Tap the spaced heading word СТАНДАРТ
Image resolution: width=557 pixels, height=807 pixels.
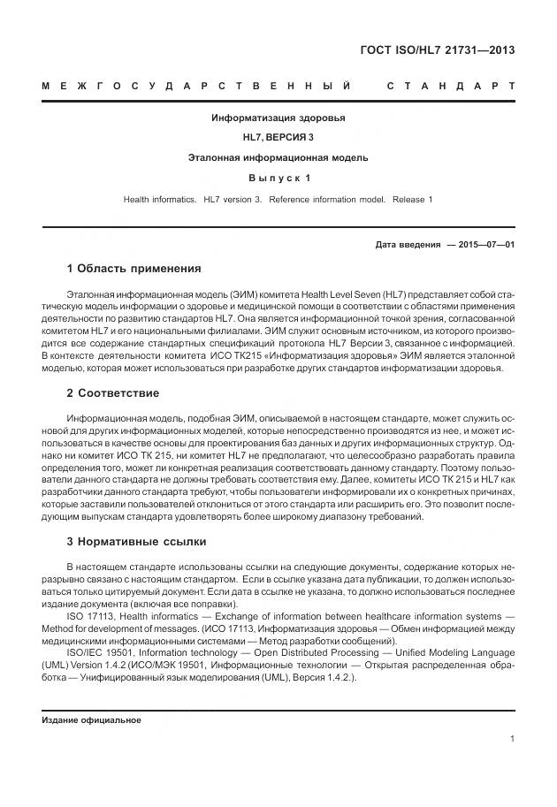451,87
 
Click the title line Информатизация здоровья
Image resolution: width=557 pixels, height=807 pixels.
278,118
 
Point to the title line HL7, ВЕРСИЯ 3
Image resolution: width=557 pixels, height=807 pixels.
278,138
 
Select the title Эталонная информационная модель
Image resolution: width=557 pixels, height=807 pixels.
278,158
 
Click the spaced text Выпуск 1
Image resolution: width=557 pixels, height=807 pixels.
278,179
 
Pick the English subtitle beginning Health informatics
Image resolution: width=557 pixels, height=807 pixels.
278,200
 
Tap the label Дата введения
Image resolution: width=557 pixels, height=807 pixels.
408,244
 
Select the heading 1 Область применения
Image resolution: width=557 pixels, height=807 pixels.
134,269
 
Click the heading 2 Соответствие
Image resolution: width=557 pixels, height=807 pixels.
113,393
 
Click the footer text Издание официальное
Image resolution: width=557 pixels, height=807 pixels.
91,719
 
